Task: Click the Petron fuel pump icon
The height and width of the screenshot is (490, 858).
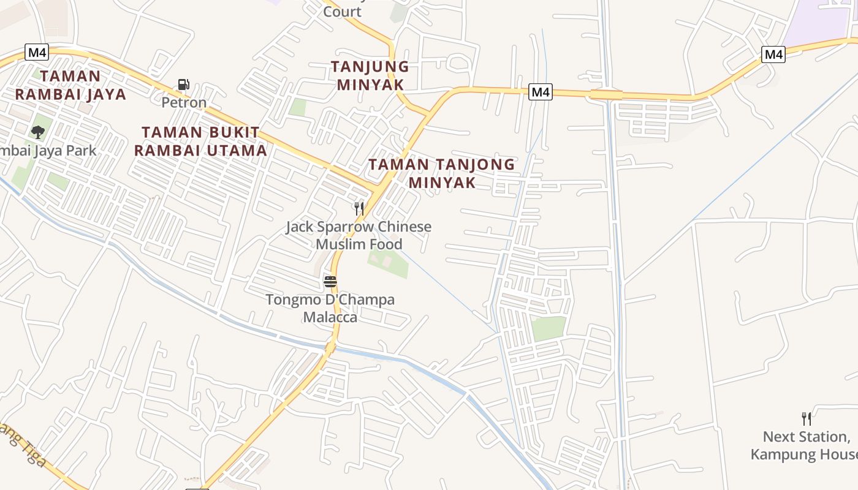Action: click(x=183, y=85)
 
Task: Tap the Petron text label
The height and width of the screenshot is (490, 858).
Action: click(x=184, y=102)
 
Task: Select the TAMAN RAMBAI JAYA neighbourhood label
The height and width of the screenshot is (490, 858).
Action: click(x=70, y=85)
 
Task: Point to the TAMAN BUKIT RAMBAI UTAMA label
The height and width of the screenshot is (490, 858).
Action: click(x=200, y=141)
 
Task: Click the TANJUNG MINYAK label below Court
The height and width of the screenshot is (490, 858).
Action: click(x=370, y=75)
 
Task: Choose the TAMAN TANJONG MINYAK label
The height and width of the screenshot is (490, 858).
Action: click(x=441, y=173)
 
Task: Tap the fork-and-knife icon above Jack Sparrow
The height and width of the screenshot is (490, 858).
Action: click(x=359, y=208)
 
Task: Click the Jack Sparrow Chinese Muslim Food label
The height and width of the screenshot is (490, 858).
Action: click(x=359, y=235)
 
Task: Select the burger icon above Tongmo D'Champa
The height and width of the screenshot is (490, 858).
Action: click(x=330, y=282)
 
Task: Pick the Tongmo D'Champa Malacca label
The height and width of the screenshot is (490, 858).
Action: click(x=330, y=309)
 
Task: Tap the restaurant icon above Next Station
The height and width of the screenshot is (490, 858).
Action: click(x=807, y=419)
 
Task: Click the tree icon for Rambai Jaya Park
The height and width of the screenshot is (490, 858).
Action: click(x=38, y=132)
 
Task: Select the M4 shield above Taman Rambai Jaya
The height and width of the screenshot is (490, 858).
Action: click(x=37, y=52)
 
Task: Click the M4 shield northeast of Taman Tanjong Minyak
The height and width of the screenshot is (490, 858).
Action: click(x=540, y=92)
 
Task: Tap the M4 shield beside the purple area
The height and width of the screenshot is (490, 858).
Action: click(x=773, y=54)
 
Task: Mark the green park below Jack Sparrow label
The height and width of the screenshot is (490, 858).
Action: click(x=388, y=262)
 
